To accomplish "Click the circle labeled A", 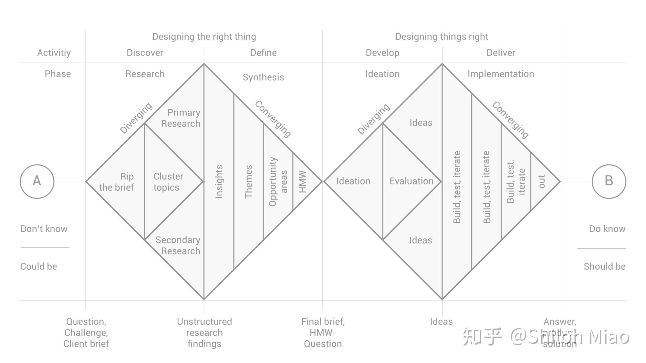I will [37, 181].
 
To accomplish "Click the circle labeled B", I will [609, 181].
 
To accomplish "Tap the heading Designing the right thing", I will [204, 36].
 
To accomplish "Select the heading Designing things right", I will [442, 36].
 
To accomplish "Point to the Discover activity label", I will [145, 53].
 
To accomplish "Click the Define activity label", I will [263, 53].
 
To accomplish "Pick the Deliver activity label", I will [501, 53].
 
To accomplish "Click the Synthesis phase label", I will [263, 77].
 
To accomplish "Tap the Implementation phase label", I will [501, 74].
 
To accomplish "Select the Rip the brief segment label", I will [117, 182].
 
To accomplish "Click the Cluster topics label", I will [168, 182].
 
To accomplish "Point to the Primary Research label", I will [181, 118].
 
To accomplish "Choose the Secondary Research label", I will [178, 245].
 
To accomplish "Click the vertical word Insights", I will [219, 181].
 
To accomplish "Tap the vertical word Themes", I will [248, 181].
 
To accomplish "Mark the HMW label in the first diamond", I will [302, 181].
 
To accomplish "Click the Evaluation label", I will [411, 181].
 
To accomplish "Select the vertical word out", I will [542, 181].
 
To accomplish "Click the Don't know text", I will [44, 229].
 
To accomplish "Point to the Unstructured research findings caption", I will [204, 332].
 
